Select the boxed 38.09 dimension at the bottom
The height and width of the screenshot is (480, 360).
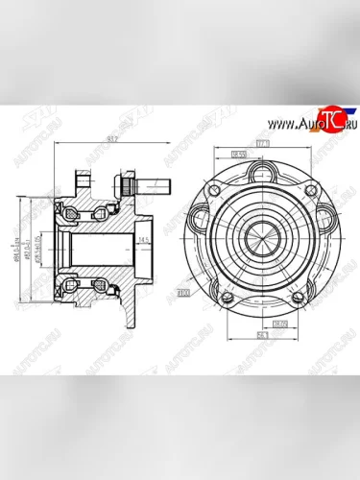pyautogui.click(x=279, y=324)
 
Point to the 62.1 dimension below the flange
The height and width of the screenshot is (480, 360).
pyautogui.click(x=261, y=335)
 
